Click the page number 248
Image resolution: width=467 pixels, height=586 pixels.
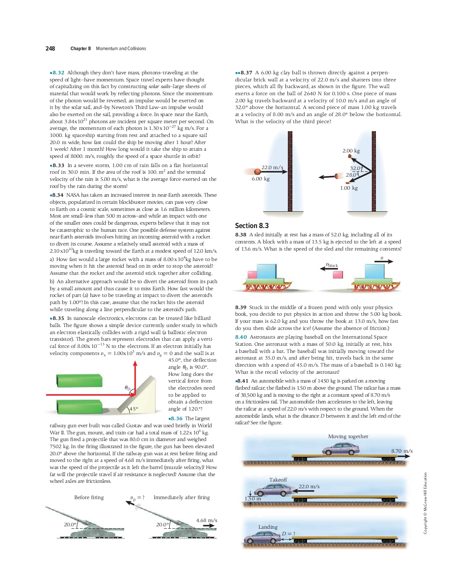coord(50,48)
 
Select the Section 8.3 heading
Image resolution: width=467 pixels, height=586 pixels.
coord(251,226)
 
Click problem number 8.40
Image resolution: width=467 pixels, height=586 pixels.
coord(241,337)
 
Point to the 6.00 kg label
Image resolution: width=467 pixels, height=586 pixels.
coord(260,179)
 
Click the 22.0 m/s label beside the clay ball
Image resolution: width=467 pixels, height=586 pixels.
coord(272,167)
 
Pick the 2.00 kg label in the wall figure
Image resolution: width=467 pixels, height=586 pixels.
coord(351,151)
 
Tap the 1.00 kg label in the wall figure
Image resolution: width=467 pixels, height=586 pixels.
coord(349,188)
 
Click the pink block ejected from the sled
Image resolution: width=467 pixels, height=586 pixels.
coord(338,274)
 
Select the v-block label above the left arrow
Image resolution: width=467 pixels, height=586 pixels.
coord(332,265)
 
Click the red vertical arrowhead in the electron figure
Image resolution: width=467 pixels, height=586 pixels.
coord(135,364)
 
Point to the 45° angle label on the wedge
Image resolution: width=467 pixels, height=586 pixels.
coord(133,408)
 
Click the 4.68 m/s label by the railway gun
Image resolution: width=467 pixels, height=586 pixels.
coord(206,520)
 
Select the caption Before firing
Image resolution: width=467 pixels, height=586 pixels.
coord(89,497)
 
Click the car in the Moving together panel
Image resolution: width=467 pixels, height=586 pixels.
coord(340,449)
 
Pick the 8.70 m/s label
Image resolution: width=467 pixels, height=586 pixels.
coord(401,451)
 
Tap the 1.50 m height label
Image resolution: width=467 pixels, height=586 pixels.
coord(253,499)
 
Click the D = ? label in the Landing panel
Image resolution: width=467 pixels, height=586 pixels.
coord(288,534)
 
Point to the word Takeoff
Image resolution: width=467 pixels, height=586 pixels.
coord(278,480)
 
